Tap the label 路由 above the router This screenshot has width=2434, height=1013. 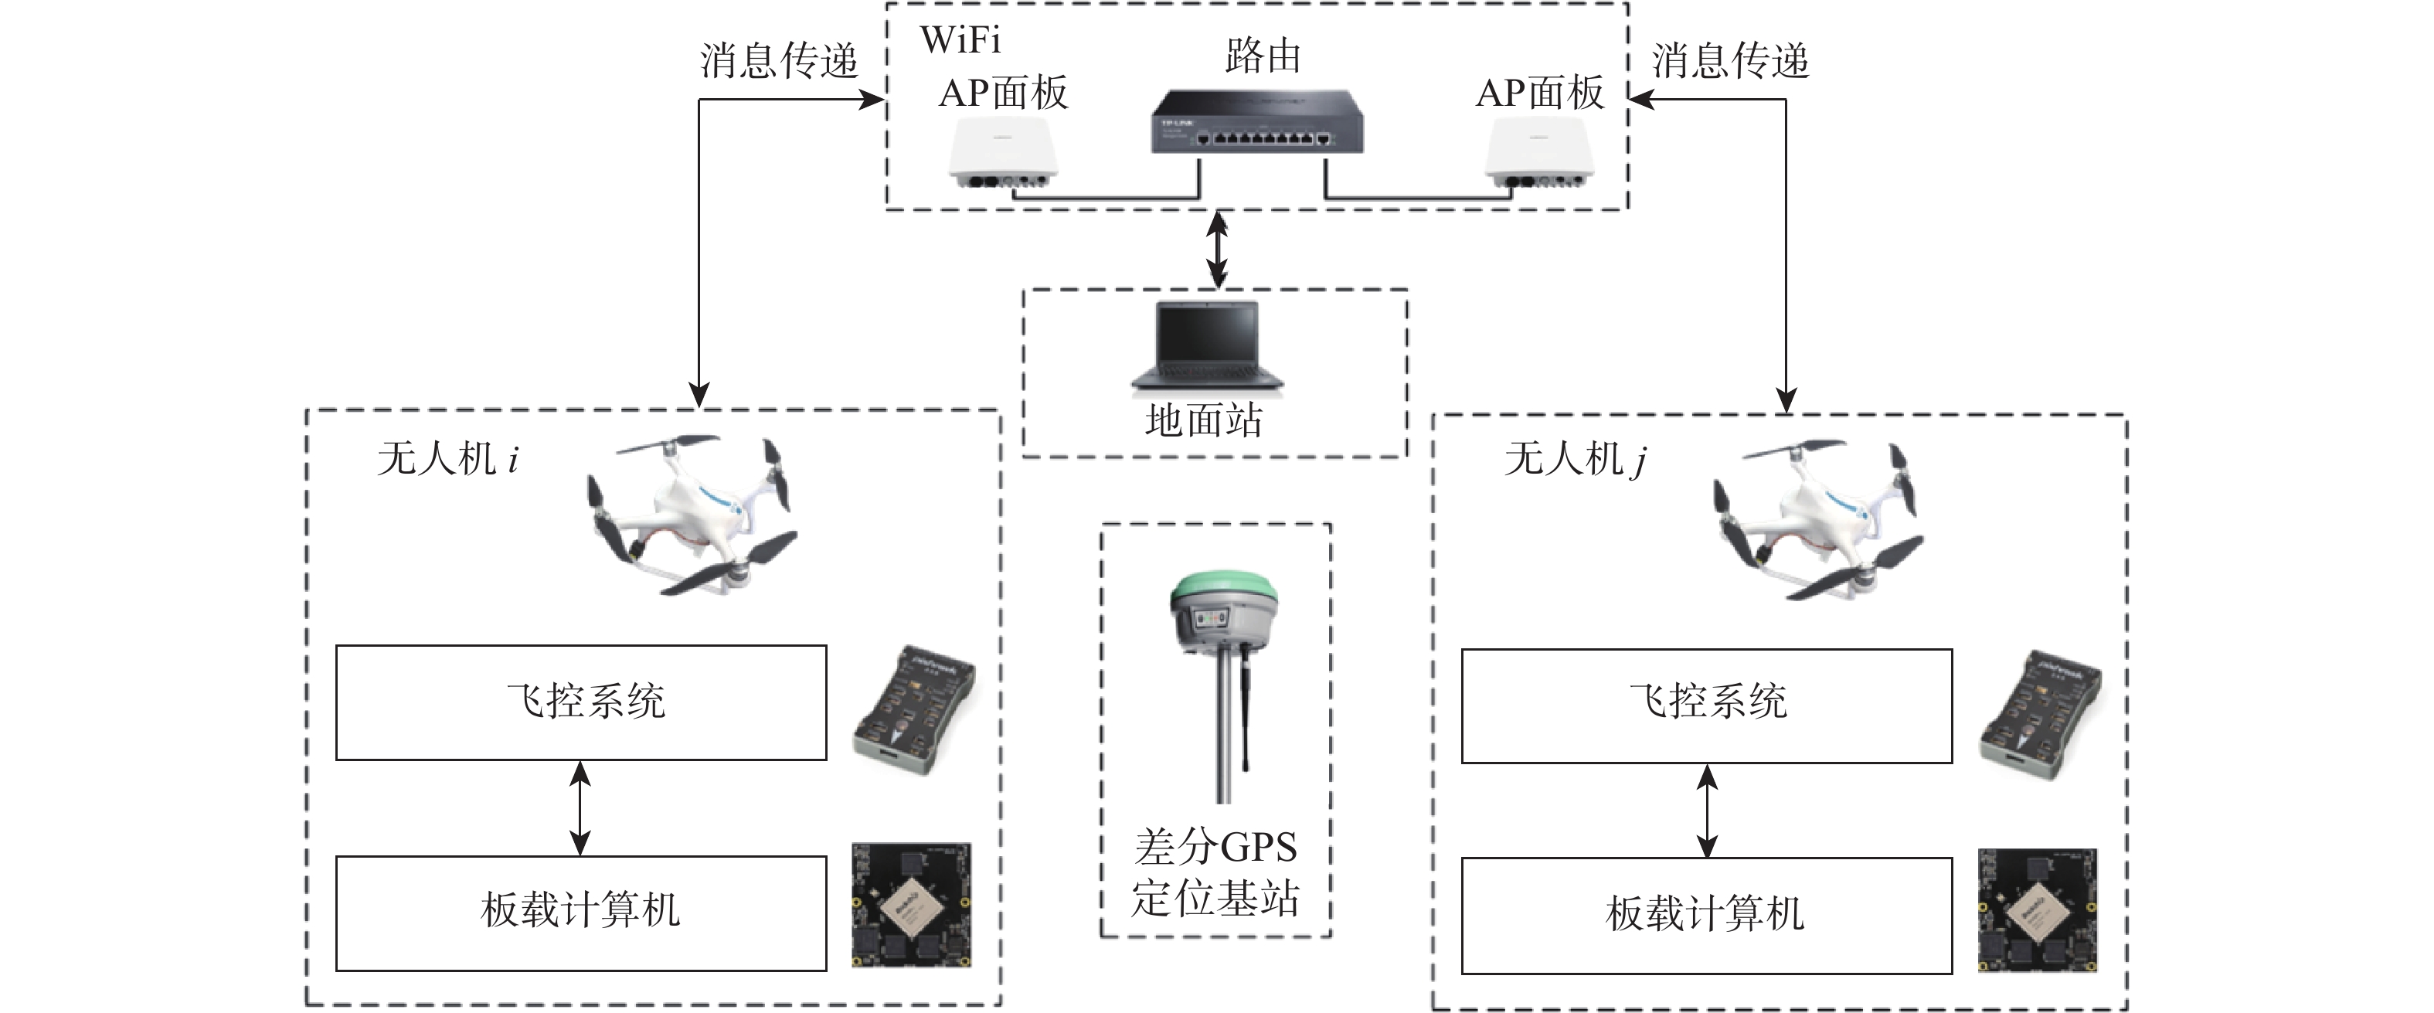click(x=1263, y=56)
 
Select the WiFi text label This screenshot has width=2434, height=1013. click(x=960, y=39)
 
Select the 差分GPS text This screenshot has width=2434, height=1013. click(x=1216, y=848)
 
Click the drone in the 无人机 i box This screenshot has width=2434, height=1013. click(x=690, y=515)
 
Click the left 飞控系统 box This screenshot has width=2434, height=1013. click(x=581, y=702)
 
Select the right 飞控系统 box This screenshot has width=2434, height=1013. click(x=1706, y=705)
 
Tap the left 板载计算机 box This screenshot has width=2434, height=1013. click(x=581, y=913)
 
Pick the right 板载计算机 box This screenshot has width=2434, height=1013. click(x=1706, y=915)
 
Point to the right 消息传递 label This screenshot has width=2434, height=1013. click(x=1729, y=60)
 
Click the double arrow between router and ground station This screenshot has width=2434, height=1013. click(x=1219, y=250)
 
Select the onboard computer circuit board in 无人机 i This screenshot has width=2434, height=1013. click(x=912, y=906)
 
